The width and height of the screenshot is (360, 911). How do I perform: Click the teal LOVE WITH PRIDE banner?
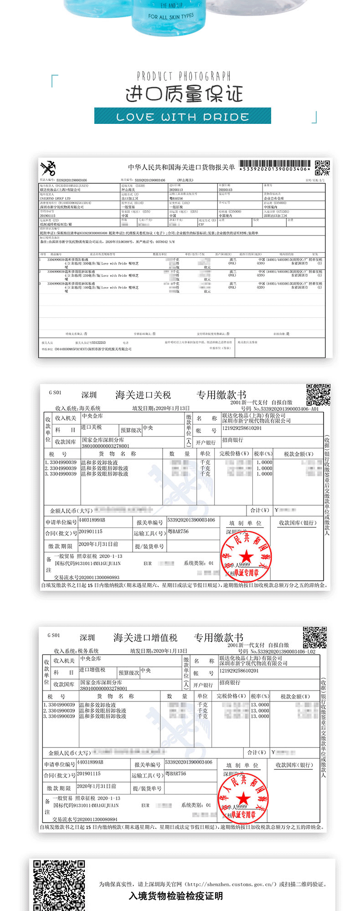pos(182,116)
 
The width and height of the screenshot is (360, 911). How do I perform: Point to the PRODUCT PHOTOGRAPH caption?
pos(184,76)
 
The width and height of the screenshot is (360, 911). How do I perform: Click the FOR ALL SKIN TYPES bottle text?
pos(170,17)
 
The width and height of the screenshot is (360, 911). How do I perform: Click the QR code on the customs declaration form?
pos(322,168)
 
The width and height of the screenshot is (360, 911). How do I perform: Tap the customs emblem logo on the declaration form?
pos(48,169)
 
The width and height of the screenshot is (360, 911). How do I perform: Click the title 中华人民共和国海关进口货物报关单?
pos(181,168)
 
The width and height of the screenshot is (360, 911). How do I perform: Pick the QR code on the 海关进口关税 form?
pos(318,394)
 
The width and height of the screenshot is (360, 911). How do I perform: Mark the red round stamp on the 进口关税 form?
pos(246,556)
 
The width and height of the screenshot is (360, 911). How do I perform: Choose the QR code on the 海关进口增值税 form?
pos(315,637)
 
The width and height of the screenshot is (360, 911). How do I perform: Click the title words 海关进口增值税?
pos(145,638)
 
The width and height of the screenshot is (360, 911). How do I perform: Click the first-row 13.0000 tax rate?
pos(260,705)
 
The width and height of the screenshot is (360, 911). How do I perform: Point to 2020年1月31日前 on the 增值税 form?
pos(97,786)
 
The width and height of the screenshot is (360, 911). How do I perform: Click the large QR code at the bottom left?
pos(59,885)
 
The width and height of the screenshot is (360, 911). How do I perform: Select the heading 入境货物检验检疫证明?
pos(176,896)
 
